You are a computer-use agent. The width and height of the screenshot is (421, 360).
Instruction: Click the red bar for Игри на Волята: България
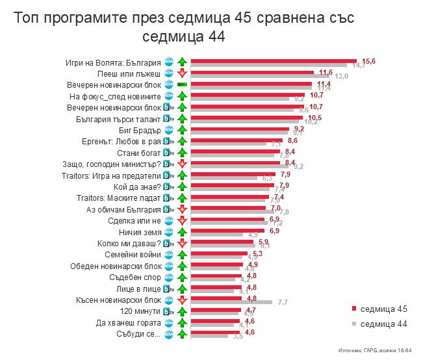273,61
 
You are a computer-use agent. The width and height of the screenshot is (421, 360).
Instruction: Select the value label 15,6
369,61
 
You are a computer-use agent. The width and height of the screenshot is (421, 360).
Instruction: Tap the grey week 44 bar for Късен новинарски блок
231,302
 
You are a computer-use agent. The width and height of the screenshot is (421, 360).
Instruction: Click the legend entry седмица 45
383,308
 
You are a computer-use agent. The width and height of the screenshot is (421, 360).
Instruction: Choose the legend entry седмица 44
383,323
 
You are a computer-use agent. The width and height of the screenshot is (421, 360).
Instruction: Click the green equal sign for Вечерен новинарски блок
182,85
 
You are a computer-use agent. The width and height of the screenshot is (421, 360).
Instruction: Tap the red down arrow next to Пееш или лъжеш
182,74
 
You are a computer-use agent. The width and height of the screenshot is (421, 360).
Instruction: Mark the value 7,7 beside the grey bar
283,302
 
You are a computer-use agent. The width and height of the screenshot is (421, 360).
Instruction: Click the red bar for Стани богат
235,151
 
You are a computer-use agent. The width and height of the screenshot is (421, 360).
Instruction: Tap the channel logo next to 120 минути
168,311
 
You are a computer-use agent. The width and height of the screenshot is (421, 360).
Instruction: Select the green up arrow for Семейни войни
182,255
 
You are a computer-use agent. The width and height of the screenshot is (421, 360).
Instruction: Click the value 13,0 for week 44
341,77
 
